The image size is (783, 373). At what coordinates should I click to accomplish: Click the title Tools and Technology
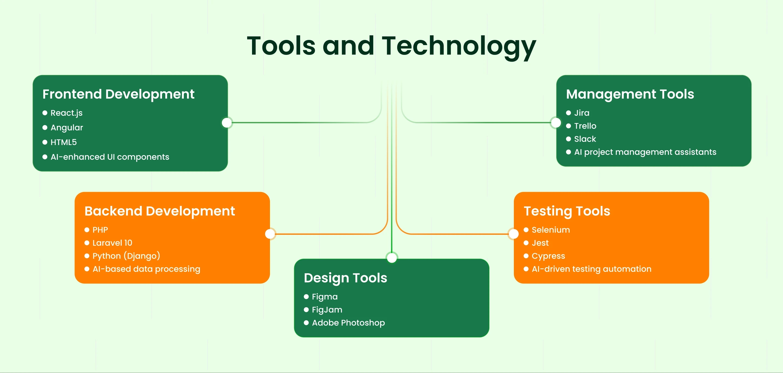click(391, 46)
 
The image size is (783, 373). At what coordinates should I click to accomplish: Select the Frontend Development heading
click(118, 94)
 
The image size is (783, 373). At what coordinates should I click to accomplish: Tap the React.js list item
click(66, 113)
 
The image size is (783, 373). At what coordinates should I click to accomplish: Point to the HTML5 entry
click(64, 142)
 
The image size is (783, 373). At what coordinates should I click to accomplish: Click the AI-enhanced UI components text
click(110, 157)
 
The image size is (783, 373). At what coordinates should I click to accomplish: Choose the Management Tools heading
click(630, 94)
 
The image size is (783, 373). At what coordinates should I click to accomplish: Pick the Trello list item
click(585, 126)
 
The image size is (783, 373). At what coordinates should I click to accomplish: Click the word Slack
click(585, 139)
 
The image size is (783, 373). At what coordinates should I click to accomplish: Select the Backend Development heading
click(160, 211)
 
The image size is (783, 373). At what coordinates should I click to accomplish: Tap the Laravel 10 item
click(112, 243)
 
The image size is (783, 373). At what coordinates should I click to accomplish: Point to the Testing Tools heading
click(567, 211)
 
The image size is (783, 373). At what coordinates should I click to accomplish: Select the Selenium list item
click(551, 230)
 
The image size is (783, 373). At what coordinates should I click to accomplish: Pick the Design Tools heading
click(345, 278)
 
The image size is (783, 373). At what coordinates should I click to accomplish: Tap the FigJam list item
click(327, 309)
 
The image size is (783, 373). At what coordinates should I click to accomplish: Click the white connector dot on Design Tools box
click(392, 258)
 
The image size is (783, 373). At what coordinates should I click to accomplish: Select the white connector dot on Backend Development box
click(270, 234)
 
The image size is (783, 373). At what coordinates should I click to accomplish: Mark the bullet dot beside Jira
click(568, 113)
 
